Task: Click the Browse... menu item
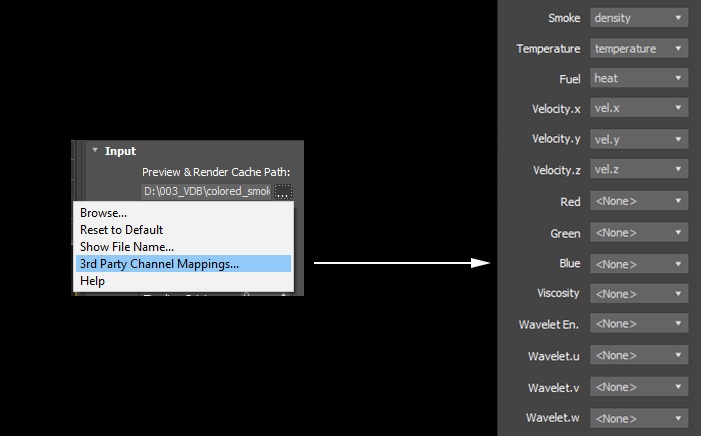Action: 103,213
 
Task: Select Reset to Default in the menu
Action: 121,230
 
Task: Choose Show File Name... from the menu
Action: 127,247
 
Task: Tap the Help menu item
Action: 93,281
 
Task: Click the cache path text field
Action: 206,191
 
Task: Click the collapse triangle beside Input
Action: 95,150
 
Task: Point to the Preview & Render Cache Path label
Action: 216,172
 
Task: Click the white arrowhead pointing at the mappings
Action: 481,263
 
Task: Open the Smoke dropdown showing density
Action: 639,18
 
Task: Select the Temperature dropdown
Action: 639,48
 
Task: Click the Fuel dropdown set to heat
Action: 639,78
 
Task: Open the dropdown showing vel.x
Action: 639,108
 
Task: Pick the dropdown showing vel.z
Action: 639,169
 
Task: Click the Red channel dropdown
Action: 639,201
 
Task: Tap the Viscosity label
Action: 558,293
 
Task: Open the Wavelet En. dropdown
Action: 639,323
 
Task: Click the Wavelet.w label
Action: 553,418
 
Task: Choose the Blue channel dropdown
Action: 639,264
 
